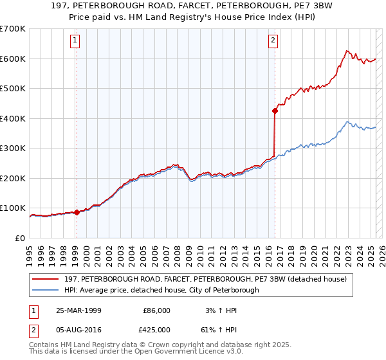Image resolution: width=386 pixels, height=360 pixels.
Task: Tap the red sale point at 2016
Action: tap(275, 111)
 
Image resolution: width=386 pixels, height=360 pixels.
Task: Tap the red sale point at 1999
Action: tap(77, 212)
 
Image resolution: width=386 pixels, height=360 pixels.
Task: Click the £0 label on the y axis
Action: tap(20, 238)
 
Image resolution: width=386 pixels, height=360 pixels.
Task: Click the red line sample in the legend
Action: tap(46, 279)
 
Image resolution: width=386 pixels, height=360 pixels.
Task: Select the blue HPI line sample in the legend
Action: tap(46, 290)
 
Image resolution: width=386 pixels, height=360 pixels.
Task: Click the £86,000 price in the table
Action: tap(156, 310)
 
